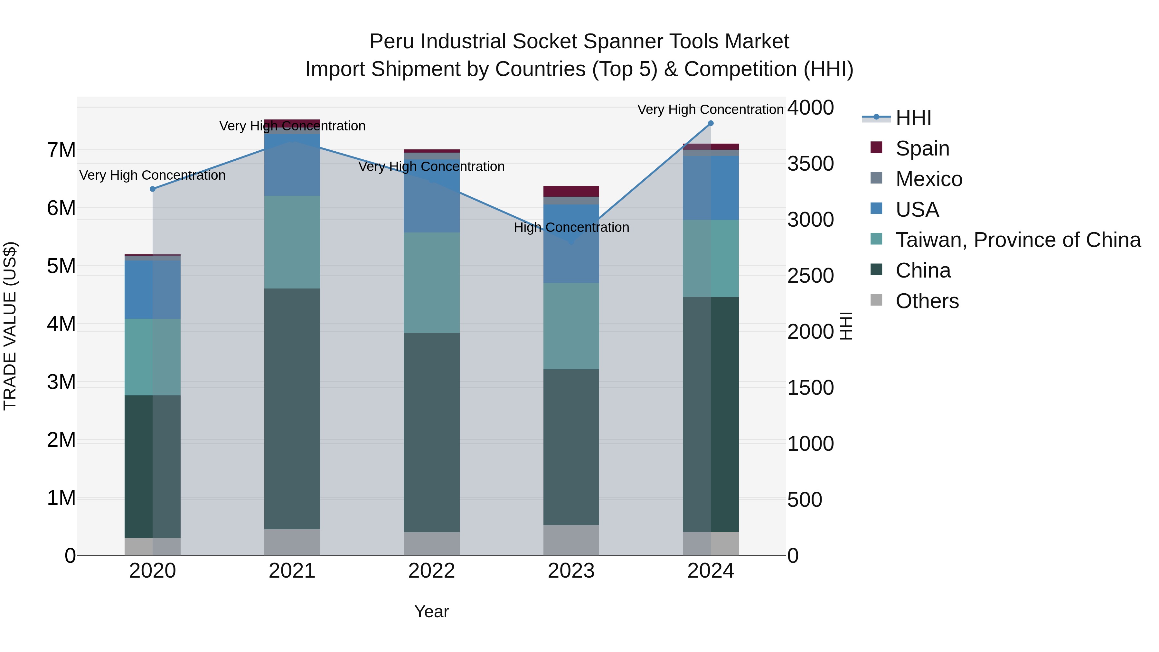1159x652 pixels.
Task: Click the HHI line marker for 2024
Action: click(x=711, y=123)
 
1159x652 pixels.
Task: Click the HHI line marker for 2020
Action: click(x=153, y=189)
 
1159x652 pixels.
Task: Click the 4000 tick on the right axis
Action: click(x=810, y=108)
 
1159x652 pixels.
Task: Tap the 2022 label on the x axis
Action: click(x=431, y=571)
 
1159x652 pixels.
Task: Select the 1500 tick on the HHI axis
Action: click(x=810, y=388)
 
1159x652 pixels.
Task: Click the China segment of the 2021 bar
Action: click(x=292, y=409)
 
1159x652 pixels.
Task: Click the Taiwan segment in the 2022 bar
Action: click(x=431, y=283)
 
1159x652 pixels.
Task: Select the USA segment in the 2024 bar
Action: click(x=711, y=188)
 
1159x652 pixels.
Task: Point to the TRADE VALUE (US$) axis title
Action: click(x=10, y=326)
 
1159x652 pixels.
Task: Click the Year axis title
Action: click(x=431, y=611)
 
